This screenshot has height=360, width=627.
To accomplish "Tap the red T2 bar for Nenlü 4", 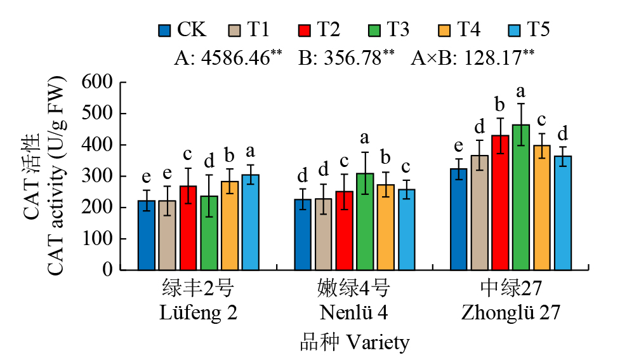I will pyautogui.click(x=344, y=230).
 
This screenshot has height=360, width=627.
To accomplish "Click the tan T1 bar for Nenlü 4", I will pyautogui.click(x=324, y=234).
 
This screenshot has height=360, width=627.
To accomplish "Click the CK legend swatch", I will pyautogui.click(x=164, y=30).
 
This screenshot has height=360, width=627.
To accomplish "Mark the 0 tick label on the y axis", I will pyautogui.click(x=107, y=270).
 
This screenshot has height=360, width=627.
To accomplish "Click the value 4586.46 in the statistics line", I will pyautogui.click(x=235, y=58).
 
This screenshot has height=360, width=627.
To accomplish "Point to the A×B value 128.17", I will pyautogui.click(x=492, y=58).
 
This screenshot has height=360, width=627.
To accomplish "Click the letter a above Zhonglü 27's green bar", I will pyautogui.click(x=521, y=91).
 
